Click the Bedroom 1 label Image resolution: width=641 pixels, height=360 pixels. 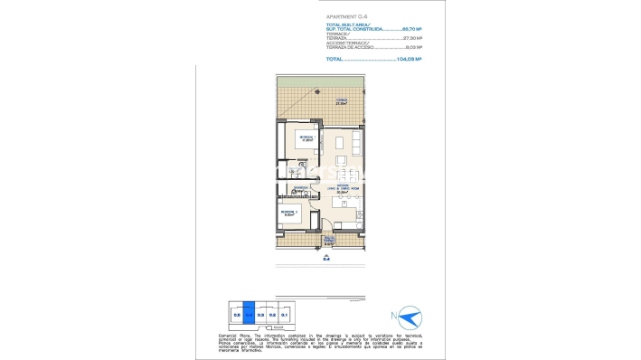tap(306, 137)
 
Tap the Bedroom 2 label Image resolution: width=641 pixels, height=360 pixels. tap(291, 213)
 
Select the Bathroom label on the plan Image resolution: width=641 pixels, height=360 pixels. tap(302, 190)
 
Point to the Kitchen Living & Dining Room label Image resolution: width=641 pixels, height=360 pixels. tap(343, 190)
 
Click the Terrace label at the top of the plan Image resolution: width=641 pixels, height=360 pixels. tap(342, 101)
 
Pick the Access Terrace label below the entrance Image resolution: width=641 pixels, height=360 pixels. tap(329, 241)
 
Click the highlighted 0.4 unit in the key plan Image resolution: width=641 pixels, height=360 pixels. tap(250, 314)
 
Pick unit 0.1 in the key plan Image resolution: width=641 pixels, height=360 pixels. tap(284, 314)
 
